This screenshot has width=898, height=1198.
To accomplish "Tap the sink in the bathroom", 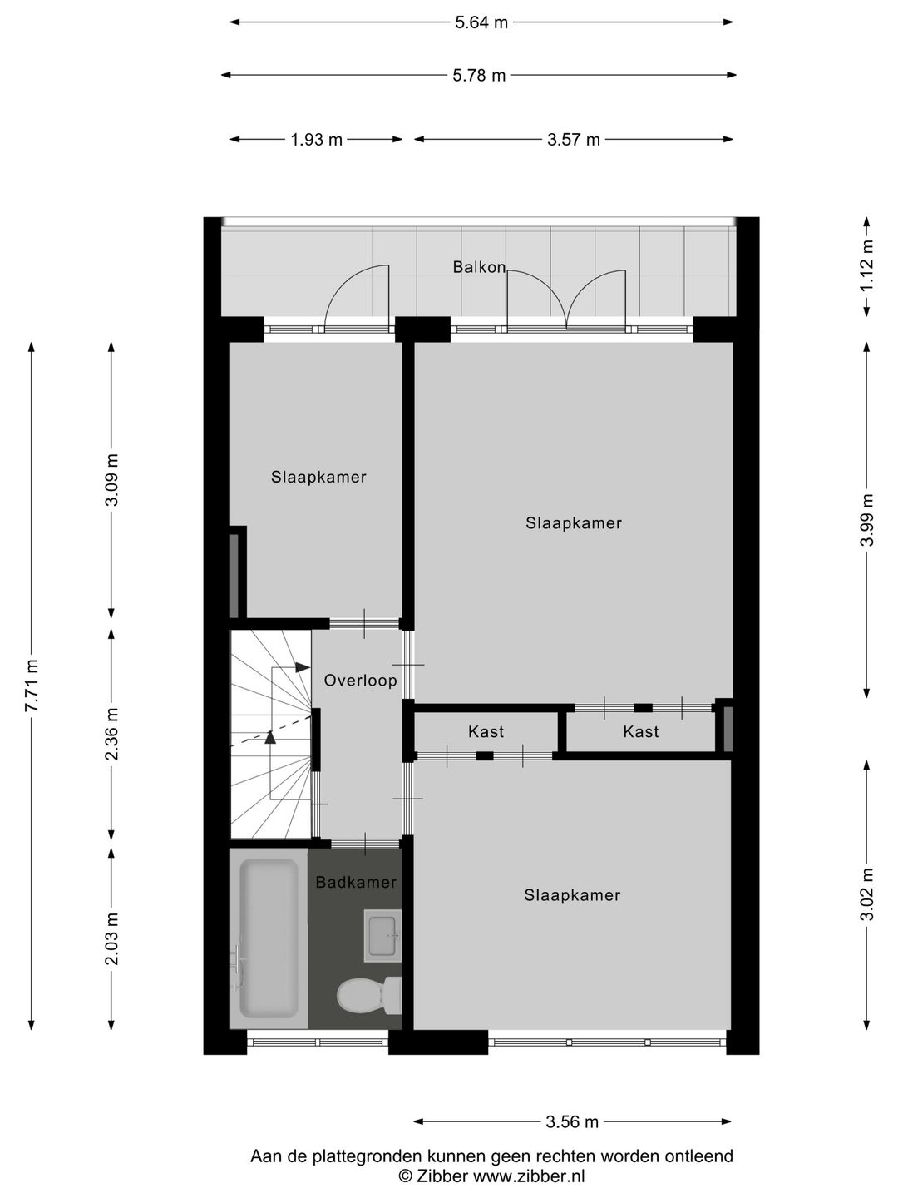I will click(383, 934).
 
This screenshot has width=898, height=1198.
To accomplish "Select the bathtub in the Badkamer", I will click(269, 938).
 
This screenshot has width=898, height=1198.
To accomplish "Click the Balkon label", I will click(479, 267).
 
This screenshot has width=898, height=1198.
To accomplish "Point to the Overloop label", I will click(360, 680).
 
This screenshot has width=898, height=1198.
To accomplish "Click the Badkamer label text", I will click(356, 882).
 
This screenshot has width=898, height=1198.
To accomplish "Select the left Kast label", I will click(486, 731).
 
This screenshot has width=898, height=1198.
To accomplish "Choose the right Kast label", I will click(640, 731).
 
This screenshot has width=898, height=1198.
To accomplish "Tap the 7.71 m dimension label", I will click(32, 685).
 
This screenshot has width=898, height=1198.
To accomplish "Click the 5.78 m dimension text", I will click(479, 76).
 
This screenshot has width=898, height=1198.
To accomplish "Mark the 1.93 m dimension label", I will click(316, 140).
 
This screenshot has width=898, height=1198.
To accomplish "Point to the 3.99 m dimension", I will click(867, 521).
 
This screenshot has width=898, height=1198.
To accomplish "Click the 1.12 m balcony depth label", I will click(867, 265).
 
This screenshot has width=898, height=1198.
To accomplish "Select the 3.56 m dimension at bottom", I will click(572, 1121).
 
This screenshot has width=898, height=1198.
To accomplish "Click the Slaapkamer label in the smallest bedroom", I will click(318, 477).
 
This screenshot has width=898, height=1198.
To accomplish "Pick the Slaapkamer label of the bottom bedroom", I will click(572, 895).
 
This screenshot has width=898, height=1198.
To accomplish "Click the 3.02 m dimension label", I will click(867, 894).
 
